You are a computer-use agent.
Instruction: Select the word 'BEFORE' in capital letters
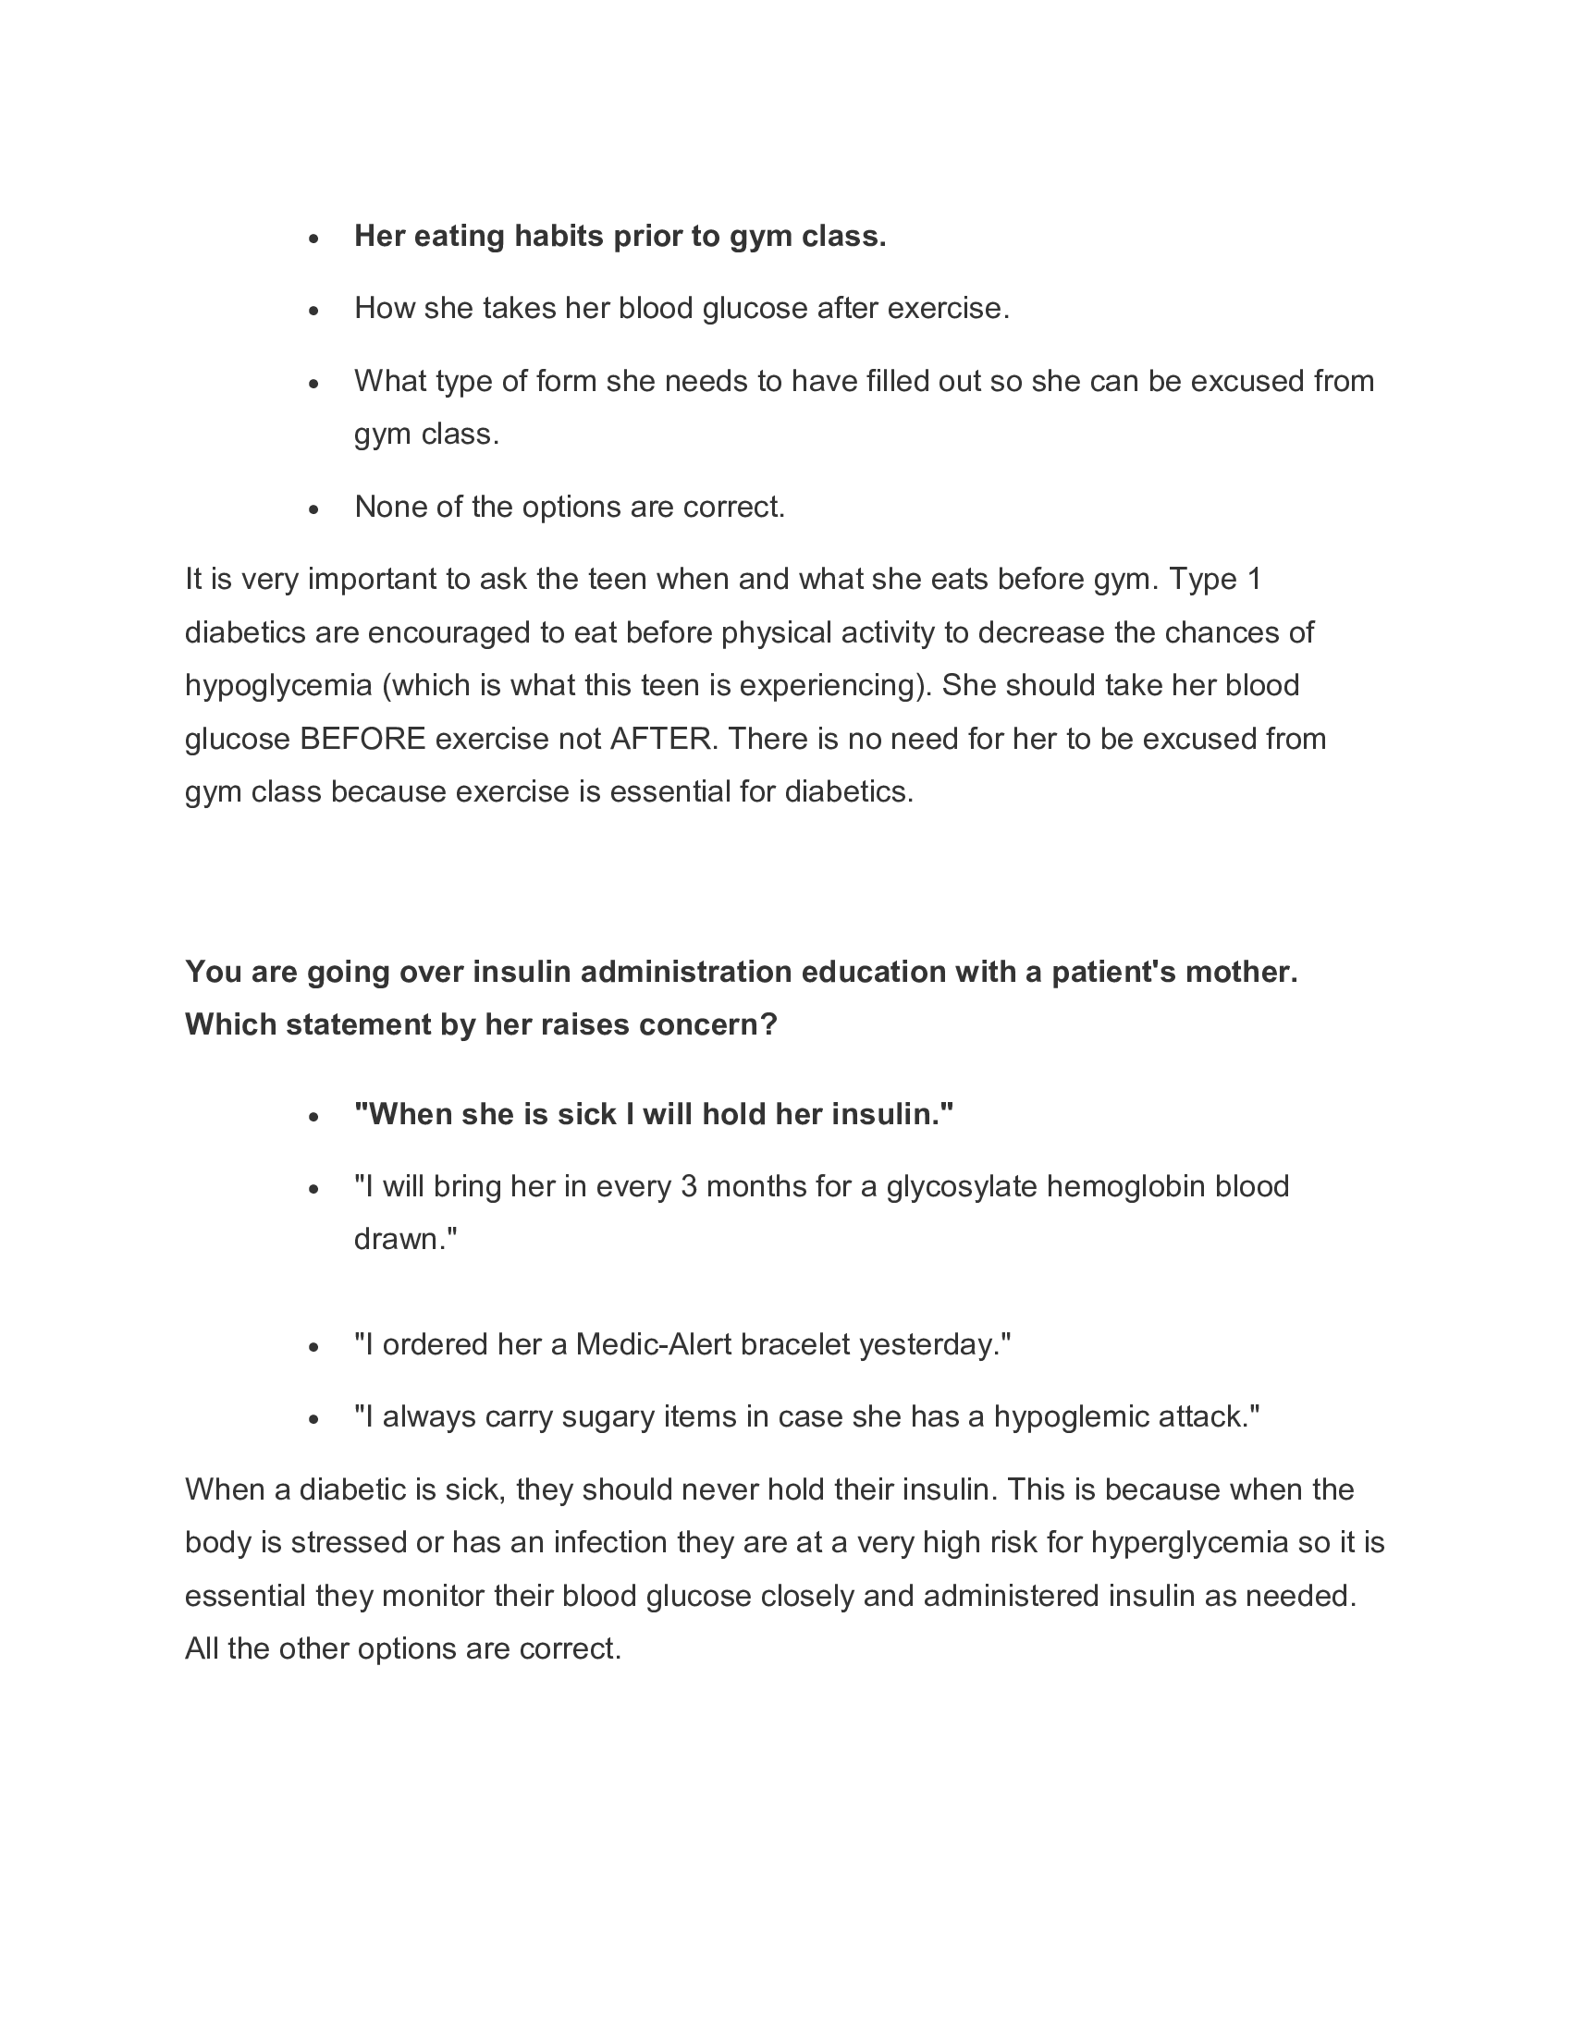[x=362, y=739]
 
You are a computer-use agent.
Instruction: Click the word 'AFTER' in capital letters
[x=663, y=739]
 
